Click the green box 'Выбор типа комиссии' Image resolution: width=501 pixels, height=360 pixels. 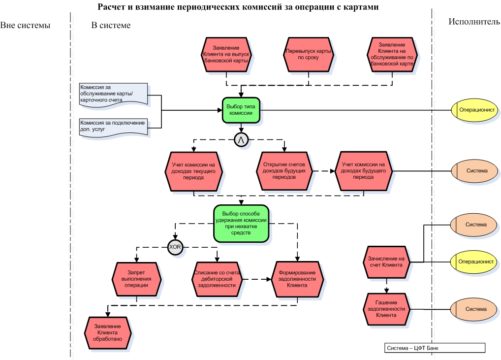[240, 109]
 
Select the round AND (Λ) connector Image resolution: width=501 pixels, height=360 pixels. [241, 140]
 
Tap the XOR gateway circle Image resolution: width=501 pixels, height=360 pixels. [175, 247]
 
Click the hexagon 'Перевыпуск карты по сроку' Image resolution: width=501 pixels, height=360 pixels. [309, 54]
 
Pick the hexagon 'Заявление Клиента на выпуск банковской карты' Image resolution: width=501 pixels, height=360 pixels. [226, 54]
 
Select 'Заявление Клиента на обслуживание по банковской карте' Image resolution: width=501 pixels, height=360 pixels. [392, 54]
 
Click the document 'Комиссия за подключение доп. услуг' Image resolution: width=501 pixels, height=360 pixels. [113, 126]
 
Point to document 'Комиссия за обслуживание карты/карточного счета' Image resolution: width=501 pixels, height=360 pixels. [113, 94]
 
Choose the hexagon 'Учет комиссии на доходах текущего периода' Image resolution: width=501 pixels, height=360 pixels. [194, 170]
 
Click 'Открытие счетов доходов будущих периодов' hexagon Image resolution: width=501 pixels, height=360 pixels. [284, 170]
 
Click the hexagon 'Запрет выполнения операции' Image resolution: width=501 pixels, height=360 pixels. [136, 278]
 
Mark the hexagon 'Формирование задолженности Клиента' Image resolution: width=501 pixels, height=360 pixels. [297, 278]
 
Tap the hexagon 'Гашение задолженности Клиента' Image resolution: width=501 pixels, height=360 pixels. [387, 309]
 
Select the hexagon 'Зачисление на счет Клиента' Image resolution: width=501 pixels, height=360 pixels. [387, 262]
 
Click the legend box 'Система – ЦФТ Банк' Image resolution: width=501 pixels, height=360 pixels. [434, 348]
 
